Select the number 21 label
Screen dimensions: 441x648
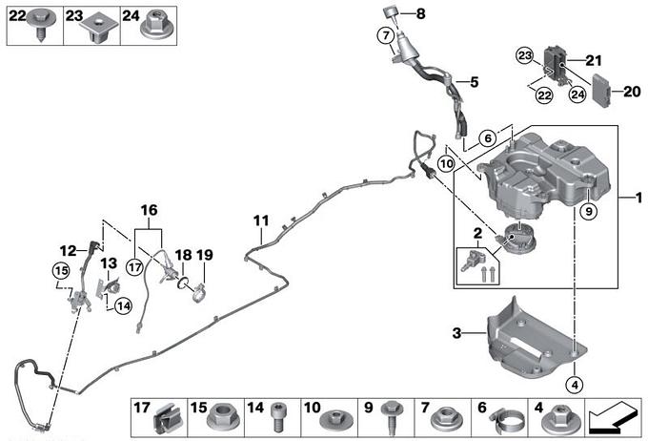pyautogui.click(x=595, y=61)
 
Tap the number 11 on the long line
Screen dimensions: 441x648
pyautogui.click(x=258, y=222)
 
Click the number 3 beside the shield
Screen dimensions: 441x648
pyautogui.click(x=456, y=332)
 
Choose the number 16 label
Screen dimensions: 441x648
pyautogui.click(x=149, y=209)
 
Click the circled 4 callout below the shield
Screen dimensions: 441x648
pyautogui.click(x=573, y=386)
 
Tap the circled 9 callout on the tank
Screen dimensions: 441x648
pyautogui.click(x=589, y=212)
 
